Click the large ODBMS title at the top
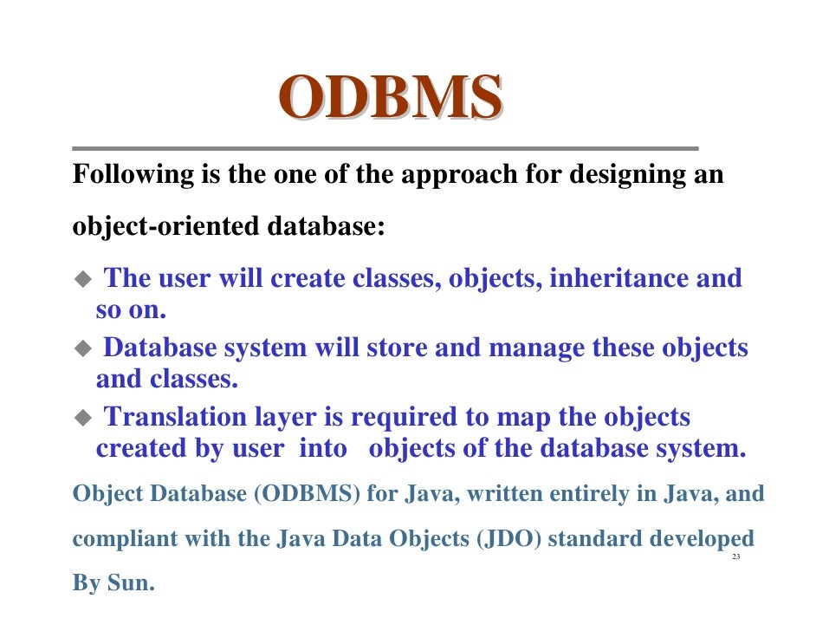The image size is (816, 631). point(390,97)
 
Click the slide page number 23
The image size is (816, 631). point(736,556)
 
